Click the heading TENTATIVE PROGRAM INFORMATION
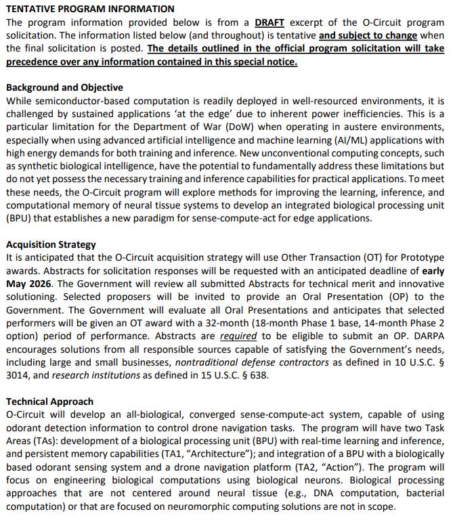click(90, 9)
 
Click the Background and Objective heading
click(64, 88)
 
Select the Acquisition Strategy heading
click(51, 244)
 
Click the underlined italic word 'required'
click(238, 336)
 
